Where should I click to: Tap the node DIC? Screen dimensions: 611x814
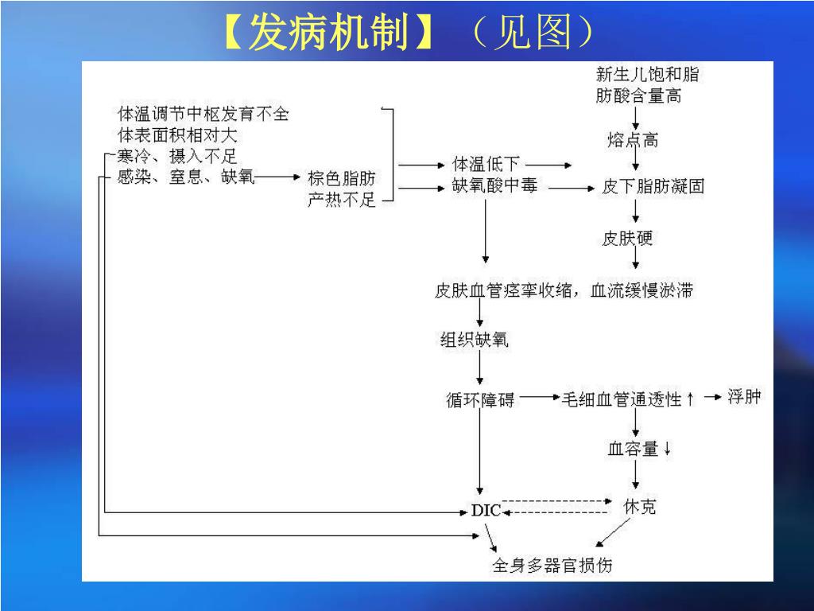pos(486,510)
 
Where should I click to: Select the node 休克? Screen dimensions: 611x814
pos(640,506)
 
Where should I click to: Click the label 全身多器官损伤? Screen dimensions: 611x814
pos(552,566)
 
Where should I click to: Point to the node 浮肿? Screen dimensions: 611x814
pos(744,396)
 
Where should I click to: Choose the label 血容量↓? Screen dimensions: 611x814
pos(639,449)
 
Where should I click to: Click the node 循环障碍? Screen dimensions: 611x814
pos(480,400)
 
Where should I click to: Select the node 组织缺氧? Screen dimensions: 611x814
pos(475,341)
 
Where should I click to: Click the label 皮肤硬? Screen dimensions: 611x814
pos(627,238)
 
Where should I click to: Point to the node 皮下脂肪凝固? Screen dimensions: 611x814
pos(653,187)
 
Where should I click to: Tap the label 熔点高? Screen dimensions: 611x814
pos(633,141)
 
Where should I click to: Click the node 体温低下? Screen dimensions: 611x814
pos(486,164)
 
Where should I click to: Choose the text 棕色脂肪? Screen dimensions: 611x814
pos(341,178)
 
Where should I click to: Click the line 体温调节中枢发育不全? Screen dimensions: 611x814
pos(203,114)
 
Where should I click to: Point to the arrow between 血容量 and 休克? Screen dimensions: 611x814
pos(635,475)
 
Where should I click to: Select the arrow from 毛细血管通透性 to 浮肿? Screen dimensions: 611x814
pos(712,396)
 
